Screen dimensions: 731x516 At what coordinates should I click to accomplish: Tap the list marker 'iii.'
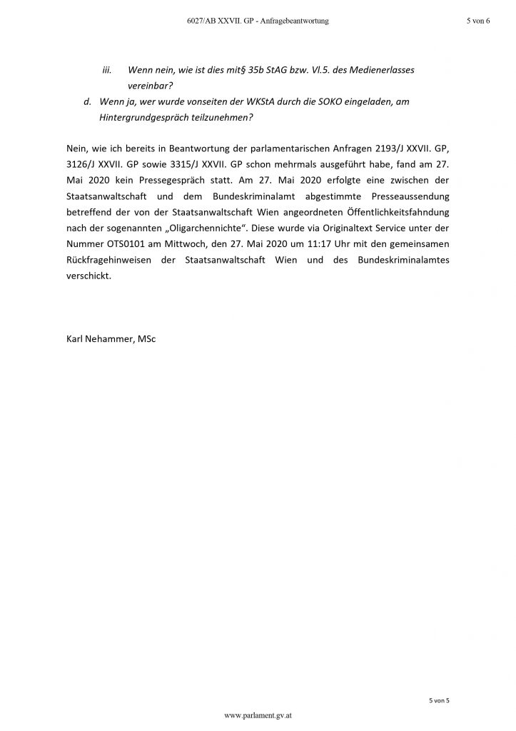pyautogui.click(x=108, y=70)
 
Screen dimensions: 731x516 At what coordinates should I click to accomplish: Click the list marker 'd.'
pyautogui.click(x=88, y=102)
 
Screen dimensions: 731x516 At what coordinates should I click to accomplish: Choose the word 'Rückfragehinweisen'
pyautogui.click(x=109, y=261)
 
